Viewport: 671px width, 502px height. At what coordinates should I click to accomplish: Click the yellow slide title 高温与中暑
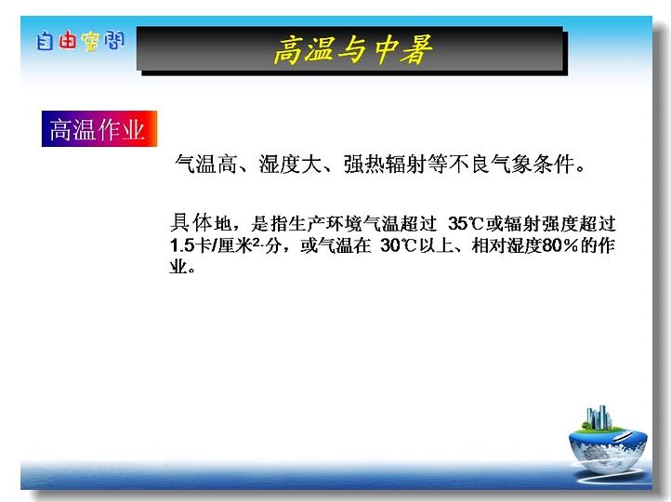353,49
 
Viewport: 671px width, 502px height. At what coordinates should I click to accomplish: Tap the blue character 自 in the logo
45,41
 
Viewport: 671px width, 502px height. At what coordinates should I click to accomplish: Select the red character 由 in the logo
67,41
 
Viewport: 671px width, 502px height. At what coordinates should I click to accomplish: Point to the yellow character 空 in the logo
90,42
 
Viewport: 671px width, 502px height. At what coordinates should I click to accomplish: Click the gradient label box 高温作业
99,128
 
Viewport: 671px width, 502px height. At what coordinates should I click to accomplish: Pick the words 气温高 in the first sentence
205,164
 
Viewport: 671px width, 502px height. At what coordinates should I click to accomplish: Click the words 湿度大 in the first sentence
290,164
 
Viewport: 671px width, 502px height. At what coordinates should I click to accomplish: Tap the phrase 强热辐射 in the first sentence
385,164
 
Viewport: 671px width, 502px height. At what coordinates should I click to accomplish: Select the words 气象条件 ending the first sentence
532,164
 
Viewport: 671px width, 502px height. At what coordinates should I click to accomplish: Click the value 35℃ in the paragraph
466,223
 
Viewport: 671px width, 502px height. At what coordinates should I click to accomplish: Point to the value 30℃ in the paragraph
398,245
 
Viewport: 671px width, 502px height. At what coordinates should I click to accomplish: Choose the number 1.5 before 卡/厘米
182,245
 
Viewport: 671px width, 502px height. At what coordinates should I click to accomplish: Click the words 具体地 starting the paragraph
200,222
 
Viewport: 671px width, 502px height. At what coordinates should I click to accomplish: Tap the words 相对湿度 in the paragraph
507,245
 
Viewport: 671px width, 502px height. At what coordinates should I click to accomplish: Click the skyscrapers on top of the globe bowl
599,417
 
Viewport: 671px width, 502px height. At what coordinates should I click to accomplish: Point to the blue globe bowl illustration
608,449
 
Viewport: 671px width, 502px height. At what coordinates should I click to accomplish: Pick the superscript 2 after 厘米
256,242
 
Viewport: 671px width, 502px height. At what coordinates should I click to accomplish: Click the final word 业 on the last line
178,266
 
